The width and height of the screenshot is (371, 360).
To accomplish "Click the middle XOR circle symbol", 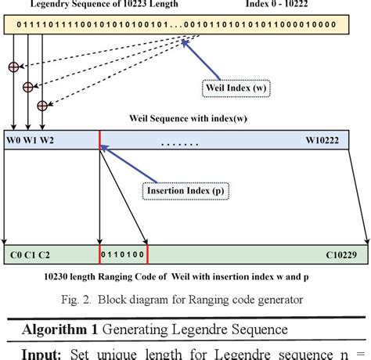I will tap(27, 86).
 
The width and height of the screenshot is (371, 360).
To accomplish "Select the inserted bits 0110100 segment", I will tap(123, 254).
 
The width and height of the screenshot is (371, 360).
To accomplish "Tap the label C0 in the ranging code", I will tap(16, 254).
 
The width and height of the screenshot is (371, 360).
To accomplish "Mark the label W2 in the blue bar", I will tap(48, 139).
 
